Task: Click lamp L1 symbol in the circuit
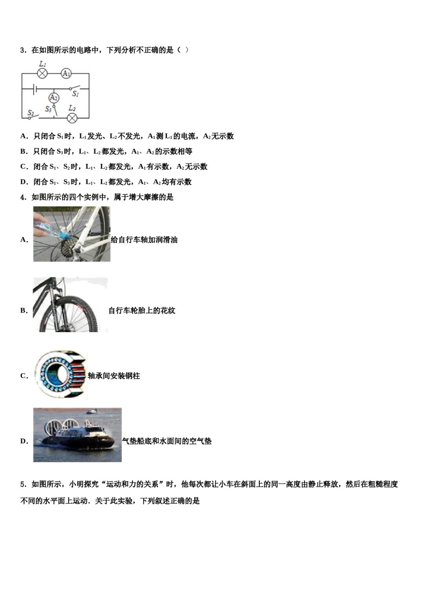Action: coord(42,73)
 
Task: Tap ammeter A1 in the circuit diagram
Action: coord(66,73)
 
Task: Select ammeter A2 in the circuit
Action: coord(54,97)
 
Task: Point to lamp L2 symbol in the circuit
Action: coord(72,118)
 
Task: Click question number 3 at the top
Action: coord(23,50)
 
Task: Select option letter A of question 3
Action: coord(23,136)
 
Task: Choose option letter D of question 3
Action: coord(23,182)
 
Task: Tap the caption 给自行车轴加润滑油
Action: coord(144,240)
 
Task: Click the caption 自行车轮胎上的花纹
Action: coord(142,310)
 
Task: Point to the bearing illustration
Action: coord(60,375)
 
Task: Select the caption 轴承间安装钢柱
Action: coord(114,376)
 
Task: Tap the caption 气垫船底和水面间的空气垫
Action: coord(167,441)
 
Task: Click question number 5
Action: coord(23,484)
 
